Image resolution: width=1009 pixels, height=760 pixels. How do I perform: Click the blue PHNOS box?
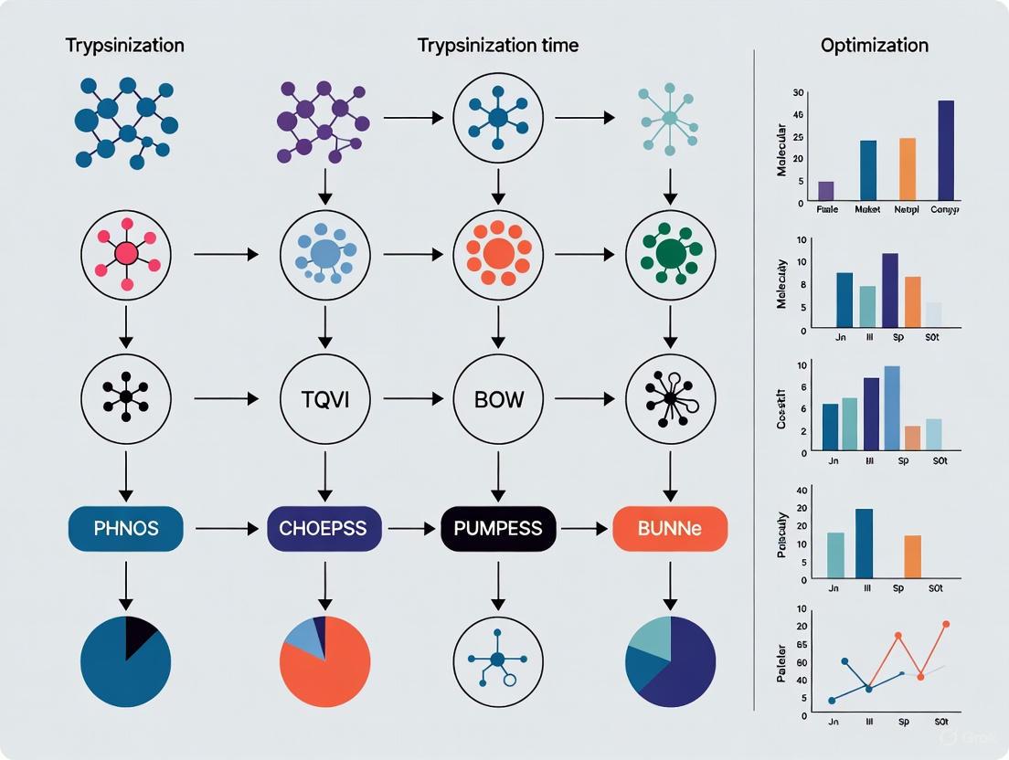pos(126,528)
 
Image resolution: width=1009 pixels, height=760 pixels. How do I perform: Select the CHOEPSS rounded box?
pos(324,528)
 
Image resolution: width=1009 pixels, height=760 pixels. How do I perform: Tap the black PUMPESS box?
pos(497,528)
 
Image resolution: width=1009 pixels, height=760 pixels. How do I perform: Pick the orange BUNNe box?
pos(670,528)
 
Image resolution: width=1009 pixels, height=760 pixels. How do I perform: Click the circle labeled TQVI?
pos(324,399)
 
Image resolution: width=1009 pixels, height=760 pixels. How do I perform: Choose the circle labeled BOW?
pos(497,399)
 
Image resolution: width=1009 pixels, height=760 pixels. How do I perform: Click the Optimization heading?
pos(874,45)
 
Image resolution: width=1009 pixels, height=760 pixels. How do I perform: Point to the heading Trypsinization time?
pos(497,45)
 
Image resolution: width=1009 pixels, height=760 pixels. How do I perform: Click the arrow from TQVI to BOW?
pos(411,399)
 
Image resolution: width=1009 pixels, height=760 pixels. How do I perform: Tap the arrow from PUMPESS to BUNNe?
pos(584,528)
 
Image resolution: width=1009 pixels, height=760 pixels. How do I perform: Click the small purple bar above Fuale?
pos(825,190)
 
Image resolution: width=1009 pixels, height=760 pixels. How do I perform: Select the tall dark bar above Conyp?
pos(946,150)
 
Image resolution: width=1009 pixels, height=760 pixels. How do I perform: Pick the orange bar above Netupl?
pos(907,169)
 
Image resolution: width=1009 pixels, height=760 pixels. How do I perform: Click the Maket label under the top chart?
pos(867,209)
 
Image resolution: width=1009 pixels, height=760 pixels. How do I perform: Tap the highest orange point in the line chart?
pos(946,624)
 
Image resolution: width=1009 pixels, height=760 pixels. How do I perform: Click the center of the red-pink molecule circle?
pos(126,254)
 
